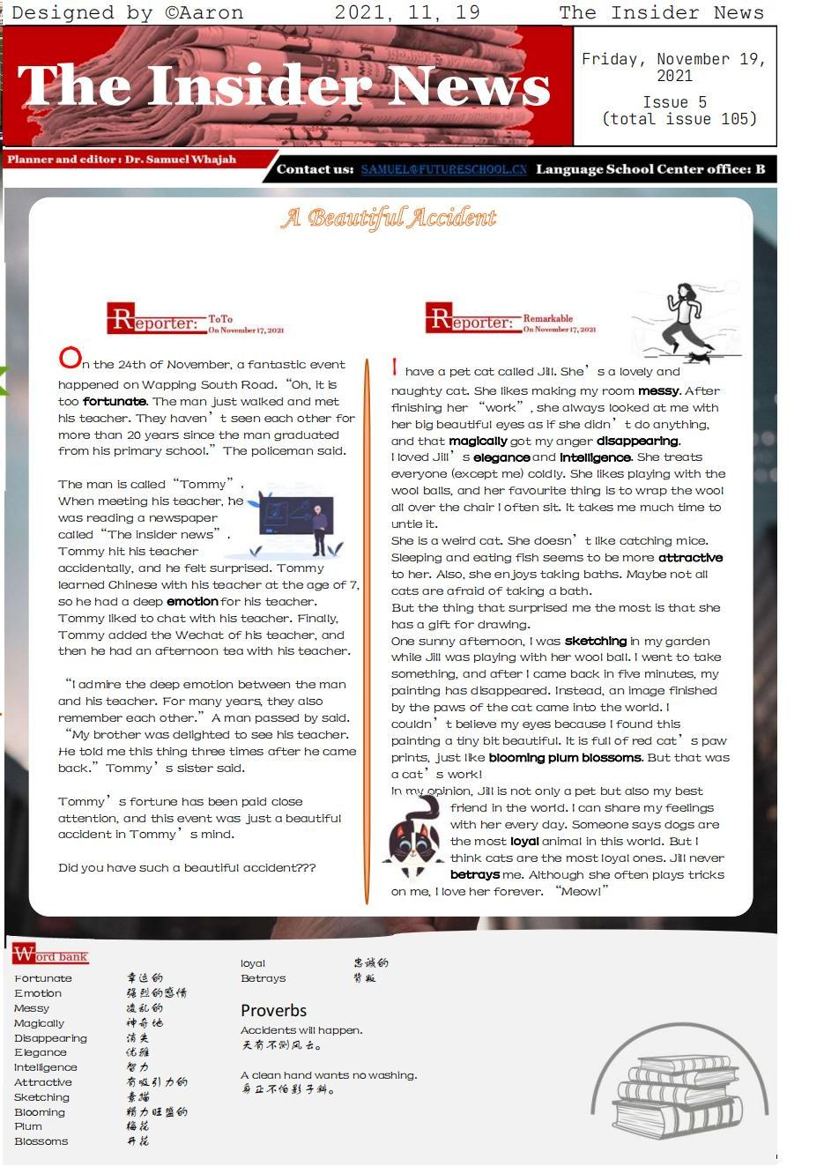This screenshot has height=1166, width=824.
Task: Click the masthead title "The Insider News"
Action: point(284,86)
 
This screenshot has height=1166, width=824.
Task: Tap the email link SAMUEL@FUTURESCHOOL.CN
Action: point(443,169)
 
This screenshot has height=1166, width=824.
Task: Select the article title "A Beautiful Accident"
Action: point(389,218)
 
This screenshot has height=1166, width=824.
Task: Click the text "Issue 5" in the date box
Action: point(674,102)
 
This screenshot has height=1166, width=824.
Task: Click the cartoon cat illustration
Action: point(414,839)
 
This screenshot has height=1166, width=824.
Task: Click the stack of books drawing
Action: point(677,1096)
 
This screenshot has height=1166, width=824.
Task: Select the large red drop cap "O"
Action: point(69,358)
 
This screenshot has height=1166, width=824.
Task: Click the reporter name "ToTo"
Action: point(220,319)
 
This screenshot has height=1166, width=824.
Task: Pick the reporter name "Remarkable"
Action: point(547,318)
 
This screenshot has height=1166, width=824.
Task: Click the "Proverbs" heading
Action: point(273,1010)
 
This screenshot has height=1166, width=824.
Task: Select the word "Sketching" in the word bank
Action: point(41,1097)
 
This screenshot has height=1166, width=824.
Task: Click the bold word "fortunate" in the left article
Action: point(115,401)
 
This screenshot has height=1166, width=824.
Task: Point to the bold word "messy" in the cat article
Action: point(658,390)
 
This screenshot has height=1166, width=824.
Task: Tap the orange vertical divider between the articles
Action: point(367,631)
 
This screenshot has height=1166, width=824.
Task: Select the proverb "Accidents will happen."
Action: point(301,1029)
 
